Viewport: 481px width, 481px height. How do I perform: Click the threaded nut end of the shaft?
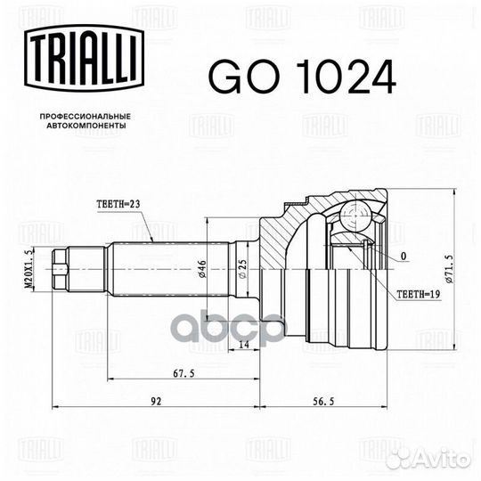63,265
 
